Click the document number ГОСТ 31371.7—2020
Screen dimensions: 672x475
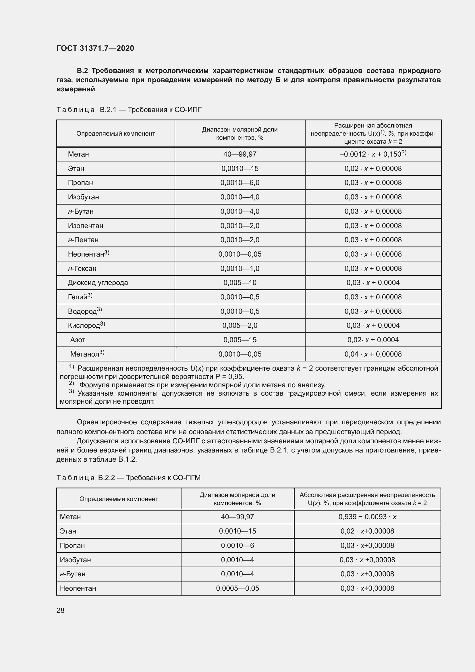95,48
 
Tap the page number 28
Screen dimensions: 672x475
61,610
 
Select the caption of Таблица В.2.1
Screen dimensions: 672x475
129,110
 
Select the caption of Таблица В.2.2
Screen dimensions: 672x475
128,478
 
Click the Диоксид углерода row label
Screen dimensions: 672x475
98,283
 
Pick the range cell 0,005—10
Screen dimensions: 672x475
240,283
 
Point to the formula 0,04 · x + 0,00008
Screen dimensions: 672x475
373,354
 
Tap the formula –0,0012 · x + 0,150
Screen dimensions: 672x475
373,154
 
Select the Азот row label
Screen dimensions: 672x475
78,340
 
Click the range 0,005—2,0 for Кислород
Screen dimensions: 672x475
240,326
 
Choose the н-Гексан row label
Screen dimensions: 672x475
82,268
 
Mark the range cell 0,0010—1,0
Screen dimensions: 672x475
240,268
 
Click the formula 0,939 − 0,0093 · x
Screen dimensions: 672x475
367,517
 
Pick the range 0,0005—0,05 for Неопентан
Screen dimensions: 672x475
237,588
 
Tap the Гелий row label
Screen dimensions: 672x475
78,297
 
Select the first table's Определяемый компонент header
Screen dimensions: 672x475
115,134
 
